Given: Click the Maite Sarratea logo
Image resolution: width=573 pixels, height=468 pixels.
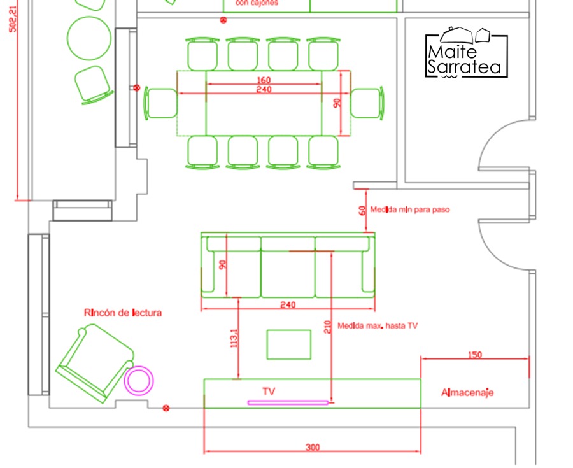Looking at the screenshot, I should (x=467, y=54).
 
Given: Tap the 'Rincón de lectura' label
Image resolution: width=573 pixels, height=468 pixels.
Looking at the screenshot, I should (x=123, y=313).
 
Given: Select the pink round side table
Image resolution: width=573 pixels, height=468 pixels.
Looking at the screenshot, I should (x=139, y=380).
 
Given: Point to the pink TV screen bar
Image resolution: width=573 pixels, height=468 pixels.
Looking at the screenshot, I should (x=288, y=402).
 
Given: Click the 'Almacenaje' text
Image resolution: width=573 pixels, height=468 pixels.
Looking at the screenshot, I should (x=467, y=393).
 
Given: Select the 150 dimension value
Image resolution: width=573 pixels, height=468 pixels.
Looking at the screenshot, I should (x=474, y=355).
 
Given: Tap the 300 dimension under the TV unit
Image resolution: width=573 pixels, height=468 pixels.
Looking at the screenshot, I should (x=312, y=448).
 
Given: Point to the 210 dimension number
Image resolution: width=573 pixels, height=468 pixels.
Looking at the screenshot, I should (x=327, y=327).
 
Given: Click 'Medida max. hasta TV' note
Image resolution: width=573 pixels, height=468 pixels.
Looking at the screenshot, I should (x=378, y=325).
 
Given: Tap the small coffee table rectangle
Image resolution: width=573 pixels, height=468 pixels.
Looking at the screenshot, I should (x=288, y=344).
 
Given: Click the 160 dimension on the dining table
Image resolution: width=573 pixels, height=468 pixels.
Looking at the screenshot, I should (x=264, y=80).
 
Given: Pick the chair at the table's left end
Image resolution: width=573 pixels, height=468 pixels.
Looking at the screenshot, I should (x=161, y=103).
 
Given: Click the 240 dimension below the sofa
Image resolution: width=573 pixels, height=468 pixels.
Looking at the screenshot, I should (x=288, y=305).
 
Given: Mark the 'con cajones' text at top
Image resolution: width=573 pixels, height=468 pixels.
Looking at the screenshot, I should (x=257, y=3).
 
